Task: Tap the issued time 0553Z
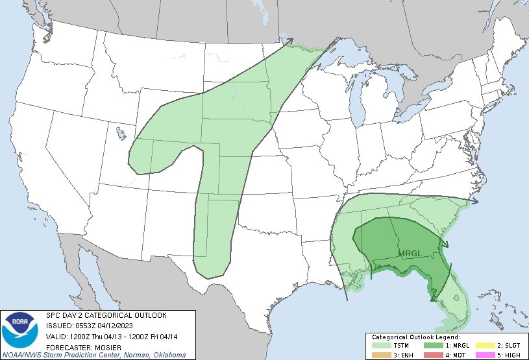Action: pyautogui.click(x=81, y=325)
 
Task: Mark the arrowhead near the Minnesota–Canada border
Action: pyautogui.click(x=289, y=42)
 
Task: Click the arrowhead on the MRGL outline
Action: pyautogui.click(x=445, y=245)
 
